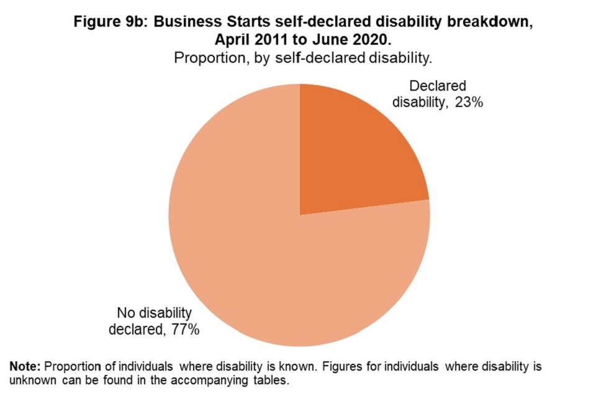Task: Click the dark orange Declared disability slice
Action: point(354,155)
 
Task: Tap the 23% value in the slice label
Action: point(468,102)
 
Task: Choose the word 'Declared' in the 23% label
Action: point(438,86)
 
